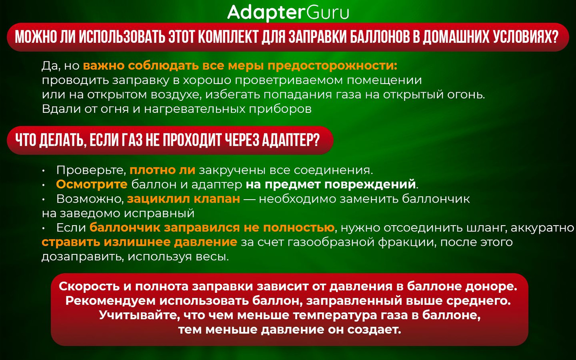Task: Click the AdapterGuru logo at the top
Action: click(288, 13)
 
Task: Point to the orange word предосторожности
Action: click(333, 66)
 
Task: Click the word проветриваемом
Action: click(289, 81)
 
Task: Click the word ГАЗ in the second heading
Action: click(132, 140)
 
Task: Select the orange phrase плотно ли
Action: click(162, 170)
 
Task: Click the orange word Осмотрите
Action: click(92, 184)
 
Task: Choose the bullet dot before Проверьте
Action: click(44, 171)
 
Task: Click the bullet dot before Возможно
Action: click(44, 200)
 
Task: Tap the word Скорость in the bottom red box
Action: click(89, 287)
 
